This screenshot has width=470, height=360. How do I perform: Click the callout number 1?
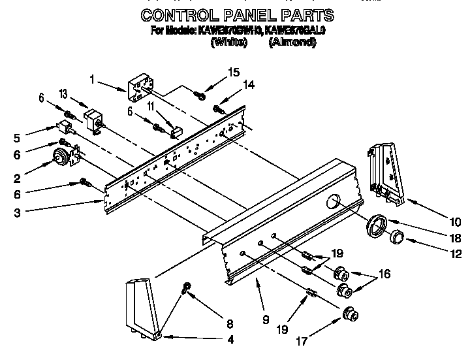[93, 80]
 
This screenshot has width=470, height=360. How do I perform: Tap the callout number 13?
[63, 94]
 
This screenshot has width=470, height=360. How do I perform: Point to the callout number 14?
[229, 84]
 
